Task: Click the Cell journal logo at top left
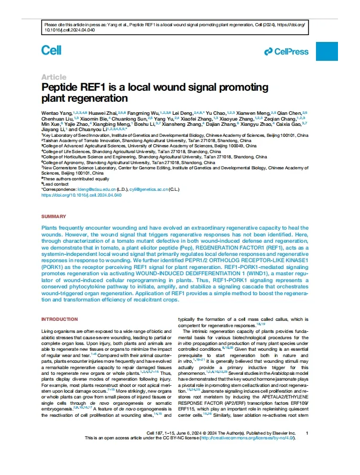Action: coord(51,50)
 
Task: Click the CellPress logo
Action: coord(286,51)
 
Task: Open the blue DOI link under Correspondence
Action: coord(81,195)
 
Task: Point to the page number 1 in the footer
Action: coord(307,433)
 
